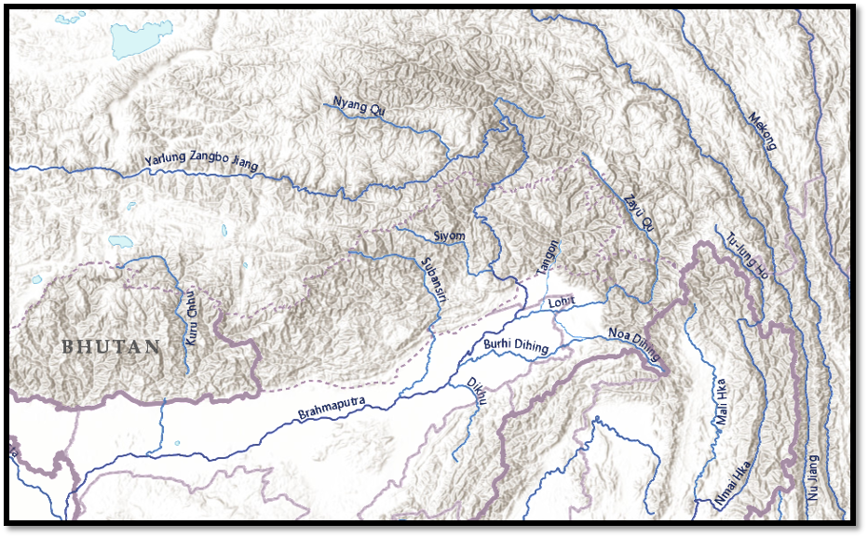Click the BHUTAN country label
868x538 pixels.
tap(111, 346)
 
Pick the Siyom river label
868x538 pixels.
tap(449, 235)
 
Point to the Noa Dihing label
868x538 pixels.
tap(633, 343)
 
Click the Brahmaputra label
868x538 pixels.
tap(332, 408)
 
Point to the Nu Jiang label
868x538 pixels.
tap(812, 478)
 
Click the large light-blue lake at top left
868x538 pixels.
tap(135, 40)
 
